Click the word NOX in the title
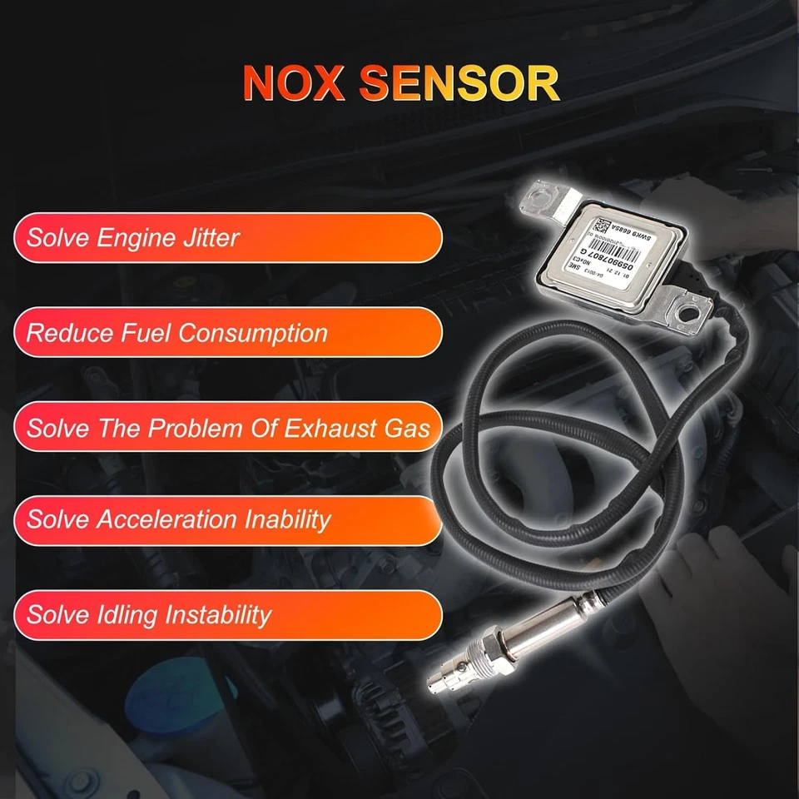296,83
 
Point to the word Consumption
253,334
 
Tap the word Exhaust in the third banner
336,429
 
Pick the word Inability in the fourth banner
287,520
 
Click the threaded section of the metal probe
485,654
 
